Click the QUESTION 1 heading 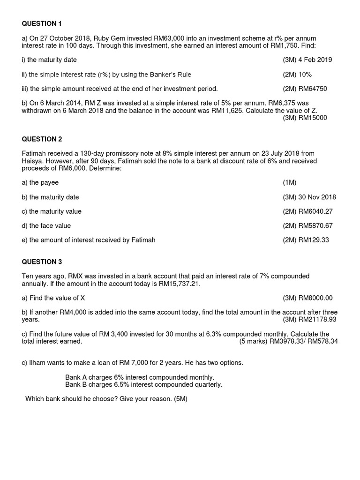point(42,23)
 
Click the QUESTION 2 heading point(42,139)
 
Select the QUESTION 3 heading point(42,262)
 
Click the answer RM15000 point(313,118)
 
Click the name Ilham point(38,363)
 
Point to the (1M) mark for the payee point(290,182)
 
